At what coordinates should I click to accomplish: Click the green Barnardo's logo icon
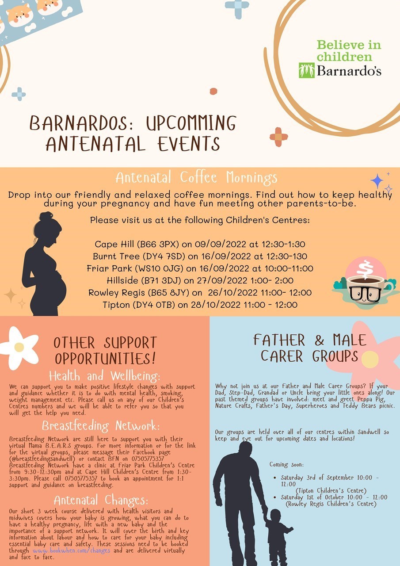307,70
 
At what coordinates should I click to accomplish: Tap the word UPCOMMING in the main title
191,123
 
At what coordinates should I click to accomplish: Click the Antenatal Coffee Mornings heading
197,177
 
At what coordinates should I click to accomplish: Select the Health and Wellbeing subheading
105,376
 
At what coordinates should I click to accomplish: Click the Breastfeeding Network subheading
101,426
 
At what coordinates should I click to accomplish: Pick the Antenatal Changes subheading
101,500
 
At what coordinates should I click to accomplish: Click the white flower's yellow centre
19,347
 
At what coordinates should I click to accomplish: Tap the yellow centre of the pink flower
370,359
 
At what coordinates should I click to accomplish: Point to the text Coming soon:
286,464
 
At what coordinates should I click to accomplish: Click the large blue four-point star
377,181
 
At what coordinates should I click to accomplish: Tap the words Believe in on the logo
349,45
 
